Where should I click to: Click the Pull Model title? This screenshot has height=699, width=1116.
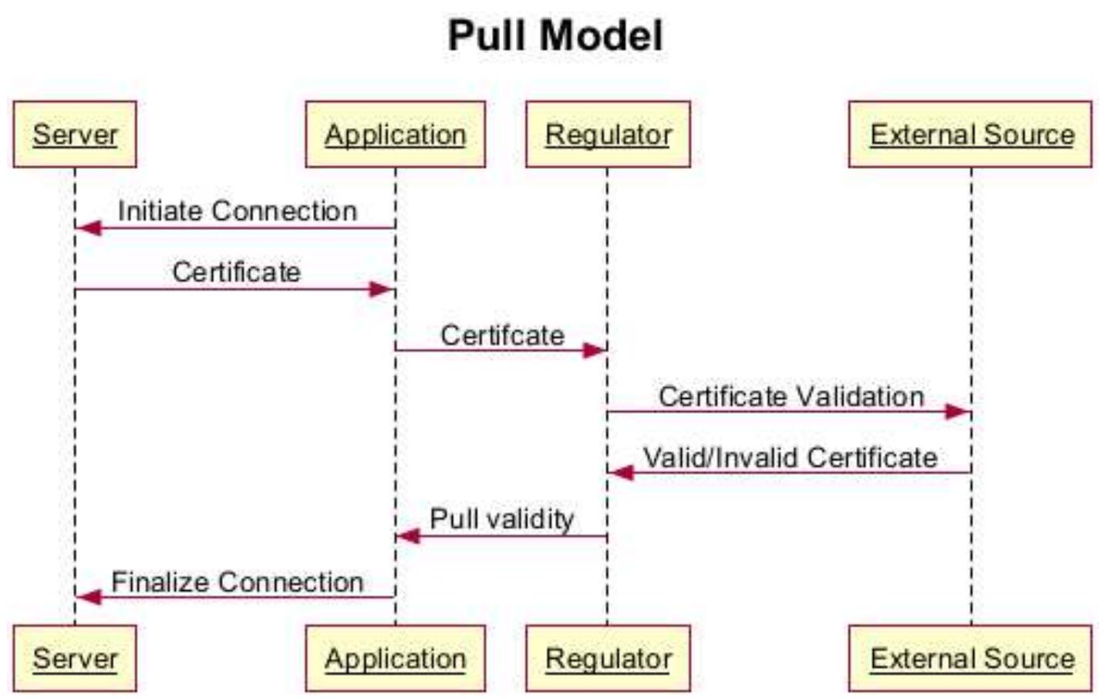click(555, 35)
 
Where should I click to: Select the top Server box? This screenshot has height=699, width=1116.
click(75, 134)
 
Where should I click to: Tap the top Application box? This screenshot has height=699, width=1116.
click(395, 134)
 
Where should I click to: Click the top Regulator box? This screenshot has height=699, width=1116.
click(608, 134)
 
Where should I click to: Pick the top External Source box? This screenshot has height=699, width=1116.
click(970, 134)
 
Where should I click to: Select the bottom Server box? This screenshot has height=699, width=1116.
click(75, 658)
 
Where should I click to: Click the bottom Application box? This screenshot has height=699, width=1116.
click(395, 658)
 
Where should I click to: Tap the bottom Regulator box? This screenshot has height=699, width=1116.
click(608, 658)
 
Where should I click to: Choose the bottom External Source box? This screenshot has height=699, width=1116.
click(970, 658)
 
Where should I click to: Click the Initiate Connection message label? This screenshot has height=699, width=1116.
click(237, 211)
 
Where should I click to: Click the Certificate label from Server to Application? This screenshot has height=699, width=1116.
click(236, 272)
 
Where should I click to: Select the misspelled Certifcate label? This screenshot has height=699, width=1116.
click(502, 335)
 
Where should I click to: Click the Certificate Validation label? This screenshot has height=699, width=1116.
click(791, 396)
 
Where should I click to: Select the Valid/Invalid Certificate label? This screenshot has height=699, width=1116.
click(790, 457)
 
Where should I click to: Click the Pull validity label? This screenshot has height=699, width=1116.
click(501, 518)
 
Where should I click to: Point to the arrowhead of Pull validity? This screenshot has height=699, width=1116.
click(408, 536)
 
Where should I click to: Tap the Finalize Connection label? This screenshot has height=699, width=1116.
click(237, 581)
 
